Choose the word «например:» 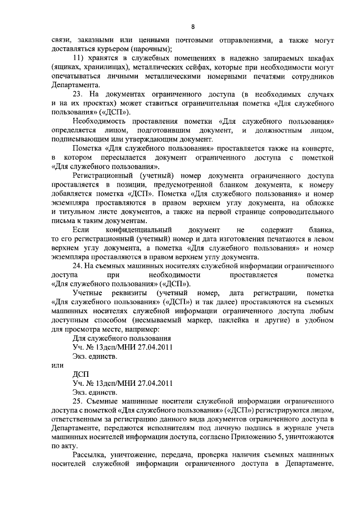[125, 328]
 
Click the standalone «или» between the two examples [57, 364]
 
